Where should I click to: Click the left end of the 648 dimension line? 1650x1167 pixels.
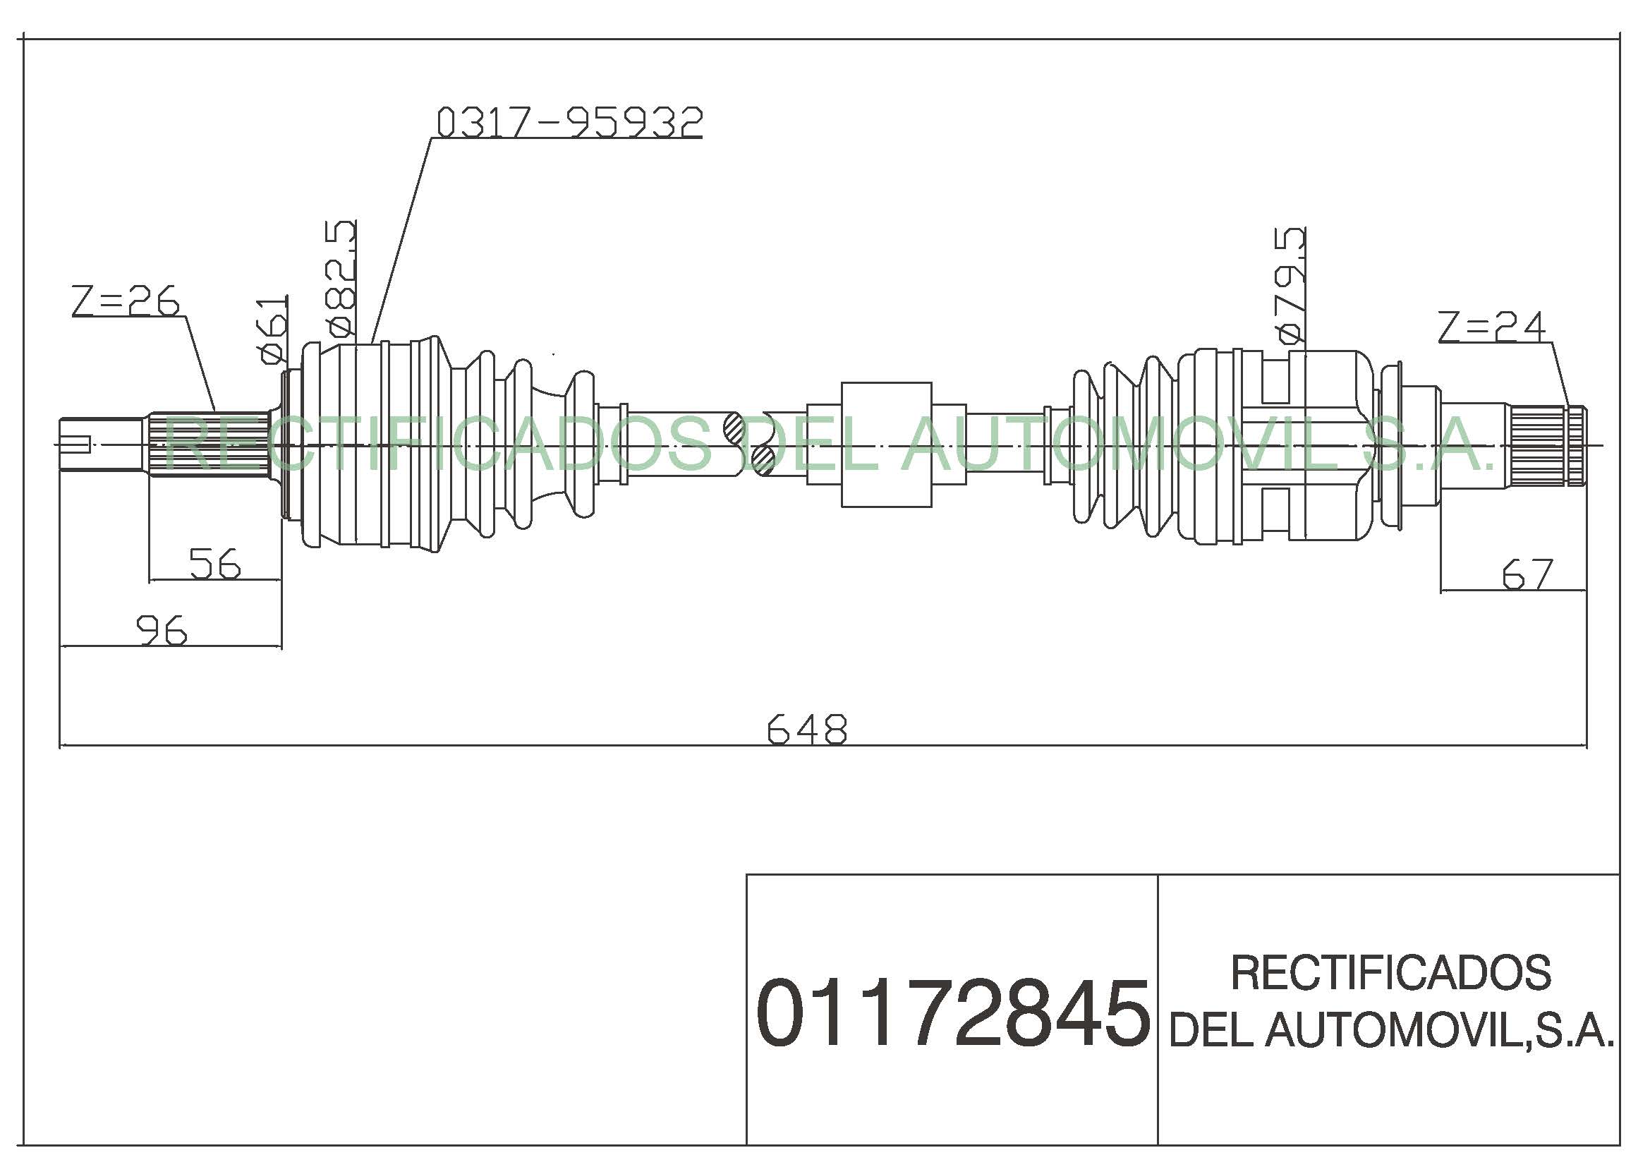click(x=60, y=746)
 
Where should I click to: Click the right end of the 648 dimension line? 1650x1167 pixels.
click(x=1587, y=746)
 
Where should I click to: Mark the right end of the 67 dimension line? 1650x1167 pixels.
click(x=1586, y=591)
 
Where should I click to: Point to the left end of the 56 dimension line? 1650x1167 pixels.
click(x=149, y=579)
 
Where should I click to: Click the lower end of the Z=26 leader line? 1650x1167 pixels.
click(x=216, y=412)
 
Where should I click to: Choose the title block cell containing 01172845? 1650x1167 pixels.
click(x=952, y=1009)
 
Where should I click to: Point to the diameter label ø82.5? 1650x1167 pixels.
click(x=341, y=278)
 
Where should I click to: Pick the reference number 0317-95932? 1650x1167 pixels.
click(x=569, y=122)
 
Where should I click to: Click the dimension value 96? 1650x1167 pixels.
click(x=162, y=630)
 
